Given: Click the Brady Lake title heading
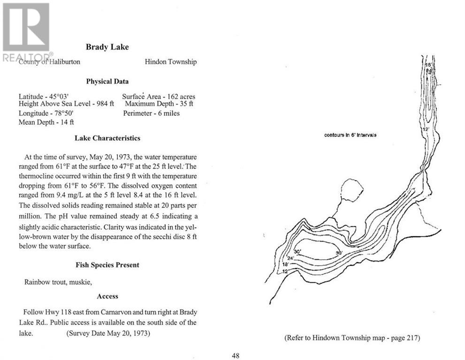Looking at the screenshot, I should point(107,47).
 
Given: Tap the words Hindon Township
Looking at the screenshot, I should point(170,61).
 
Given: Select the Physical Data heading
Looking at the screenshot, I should point(107,81).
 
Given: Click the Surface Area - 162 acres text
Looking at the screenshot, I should point(159,97).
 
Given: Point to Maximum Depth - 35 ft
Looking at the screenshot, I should point(159,104).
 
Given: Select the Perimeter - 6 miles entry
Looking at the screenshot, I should point(151,113).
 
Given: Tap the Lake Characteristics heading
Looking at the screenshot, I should point(107,138).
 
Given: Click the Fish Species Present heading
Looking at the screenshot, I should point(107,265).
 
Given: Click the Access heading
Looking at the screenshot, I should point(107,296).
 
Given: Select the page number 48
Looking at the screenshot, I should point(236,355).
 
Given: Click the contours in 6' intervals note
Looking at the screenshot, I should point(351,135).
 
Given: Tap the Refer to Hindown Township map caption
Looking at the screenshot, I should point(352,337).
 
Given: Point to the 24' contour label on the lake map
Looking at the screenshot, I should point(290,258).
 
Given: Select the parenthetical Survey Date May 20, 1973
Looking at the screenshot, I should point(107,334).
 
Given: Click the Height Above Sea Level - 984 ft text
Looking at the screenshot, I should point(66,105).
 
